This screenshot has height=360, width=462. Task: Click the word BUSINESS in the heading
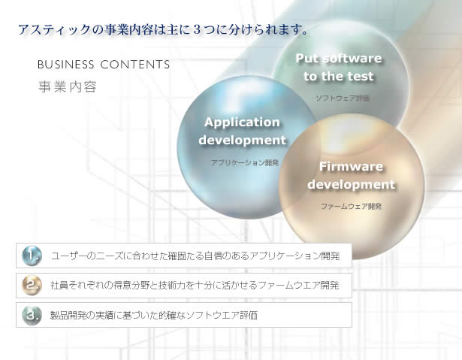click(x=65, y=65)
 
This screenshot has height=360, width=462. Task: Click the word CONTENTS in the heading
click(x=135, y=65)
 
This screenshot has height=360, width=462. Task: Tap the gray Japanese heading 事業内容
click(x=68, y=86)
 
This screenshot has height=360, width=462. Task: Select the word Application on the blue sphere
click(x=242, y=123)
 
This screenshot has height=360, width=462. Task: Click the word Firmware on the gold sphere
click(x=351, y=167)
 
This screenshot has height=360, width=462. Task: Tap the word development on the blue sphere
click(x=242, y=140)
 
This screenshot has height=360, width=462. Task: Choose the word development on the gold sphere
click(x=351, y=185)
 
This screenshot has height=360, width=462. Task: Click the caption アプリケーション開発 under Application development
click(x=245, y=162)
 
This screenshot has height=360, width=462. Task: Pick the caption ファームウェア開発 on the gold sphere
click(x=352, y=207)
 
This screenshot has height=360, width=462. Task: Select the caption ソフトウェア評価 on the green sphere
click(x=343, y=98)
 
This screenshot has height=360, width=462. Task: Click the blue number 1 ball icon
click(x=32, y=256)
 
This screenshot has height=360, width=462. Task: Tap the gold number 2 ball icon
click(x=32, y=285)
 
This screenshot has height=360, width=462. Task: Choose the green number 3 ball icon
click(x=32, y=315)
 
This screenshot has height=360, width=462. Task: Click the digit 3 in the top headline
click(x=198, y=30)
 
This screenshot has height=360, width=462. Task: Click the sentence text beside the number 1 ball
click(x=195, y=256)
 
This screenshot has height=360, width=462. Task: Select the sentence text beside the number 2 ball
click(x=195, y=286)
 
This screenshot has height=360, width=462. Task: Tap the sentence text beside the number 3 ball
click(x=154, y=315)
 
